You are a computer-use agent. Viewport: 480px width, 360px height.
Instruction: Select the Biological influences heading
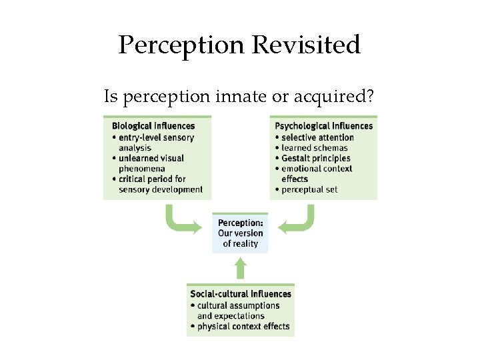tap(153, 126)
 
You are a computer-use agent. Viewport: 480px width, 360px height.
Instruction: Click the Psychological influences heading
tap(324, 126)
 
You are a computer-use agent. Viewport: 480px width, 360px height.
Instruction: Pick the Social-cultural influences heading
tap(241, 294)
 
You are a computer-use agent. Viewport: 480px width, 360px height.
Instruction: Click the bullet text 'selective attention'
tap(317, 137)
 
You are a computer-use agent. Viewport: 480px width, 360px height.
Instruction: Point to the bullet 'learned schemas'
tap(314, 148)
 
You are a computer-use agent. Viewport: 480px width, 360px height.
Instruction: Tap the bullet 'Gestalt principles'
tap(315, 158)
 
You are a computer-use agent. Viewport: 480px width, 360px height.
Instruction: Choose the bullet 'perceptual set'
tap(309, 189)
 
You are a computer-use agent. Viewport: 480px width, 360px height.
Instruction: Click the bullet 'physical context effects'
tap(243, 327)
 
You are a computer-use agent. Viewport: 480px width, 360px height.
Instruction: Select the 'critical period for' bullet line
tap(152, 179)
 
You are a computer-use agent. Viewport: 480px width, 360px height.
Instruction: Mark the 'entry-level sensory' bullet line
tap(156, 137)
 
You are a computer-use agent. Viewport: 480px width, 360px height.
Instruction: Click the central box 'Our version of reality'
tap(240, 233)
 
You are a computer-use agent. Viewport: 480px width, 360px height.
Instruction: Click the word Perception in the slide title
tap(182, 45)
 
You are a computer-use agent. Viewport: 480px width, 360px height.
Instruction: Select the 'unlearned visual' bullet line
tap(151, 158)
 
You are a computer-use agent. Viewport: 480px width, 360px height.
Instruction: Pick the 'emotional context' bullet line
tap(316, 169)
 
